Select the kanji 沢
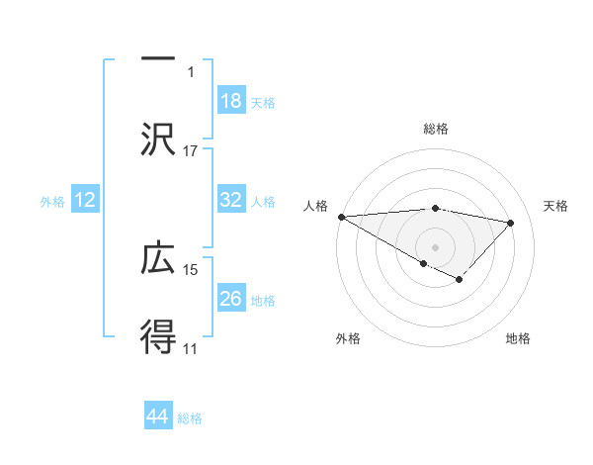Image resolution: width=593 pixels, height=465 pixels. (157, 138)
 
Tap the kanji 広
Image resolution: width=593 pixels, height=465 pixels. (157, 259)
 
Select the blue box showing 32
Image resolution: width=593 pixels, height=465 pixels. (230, 200)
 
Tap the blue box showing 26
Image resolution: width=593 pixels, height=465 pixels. (230, 299)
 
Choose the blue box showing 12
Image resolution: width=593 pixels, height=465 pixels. (85, 201)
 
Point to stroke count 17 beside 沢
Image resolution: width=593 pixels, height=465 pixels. (191, 151)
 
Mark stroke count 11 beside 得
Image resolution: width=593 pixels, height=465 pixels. (191, 348)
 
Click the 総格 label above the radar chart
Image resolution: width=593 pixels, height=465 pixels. (435, 129)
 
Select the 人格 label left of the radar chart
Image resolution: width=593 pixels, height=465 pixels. (315, 206)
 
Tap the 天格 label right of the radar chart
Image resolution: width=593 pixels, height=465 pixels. (555, 206)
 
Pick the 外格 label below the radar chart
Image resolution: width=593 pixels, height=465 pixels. (348, 338)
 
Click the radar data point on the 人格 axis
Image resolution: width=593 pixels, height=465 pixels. (341, 217)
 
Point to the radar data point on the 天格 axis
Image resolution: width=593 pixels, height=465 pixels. (511, 223)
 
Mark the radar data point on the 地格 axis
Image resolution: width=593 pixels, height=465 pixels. (459, 280)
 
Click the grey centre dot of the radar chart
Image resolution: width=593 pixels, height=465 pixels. (435, 246)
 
